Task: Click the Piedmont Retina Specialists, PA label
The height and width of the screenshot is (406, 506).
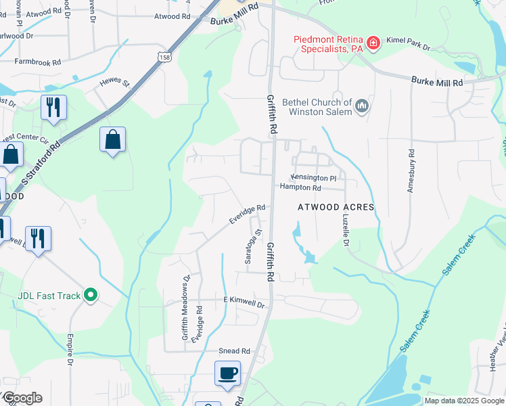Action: (329, 44)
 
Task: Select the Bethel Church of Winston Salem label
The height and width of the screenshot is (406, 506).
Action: (317, 107)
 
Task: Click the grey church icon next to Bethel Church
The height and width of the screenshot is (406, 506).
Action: (362, 105)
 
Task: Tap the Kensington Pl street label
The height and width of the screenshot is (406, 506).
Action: (313, 177)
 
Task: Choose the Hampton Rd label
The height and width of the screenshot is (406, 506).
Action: (300, 187)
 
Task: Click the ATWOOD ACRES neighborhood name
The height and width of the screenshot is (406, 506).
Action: (336, 207)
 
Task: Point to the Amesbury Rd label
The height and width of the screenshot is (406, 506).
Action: (411, 170)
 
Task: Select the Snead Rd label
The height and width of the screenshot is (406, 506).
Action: (234, 351)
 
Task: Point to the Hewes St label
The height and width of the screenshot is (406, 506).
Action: (114, 83)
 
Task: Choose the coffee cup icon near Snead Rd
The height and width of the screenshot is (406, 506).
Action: (227, 372)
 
